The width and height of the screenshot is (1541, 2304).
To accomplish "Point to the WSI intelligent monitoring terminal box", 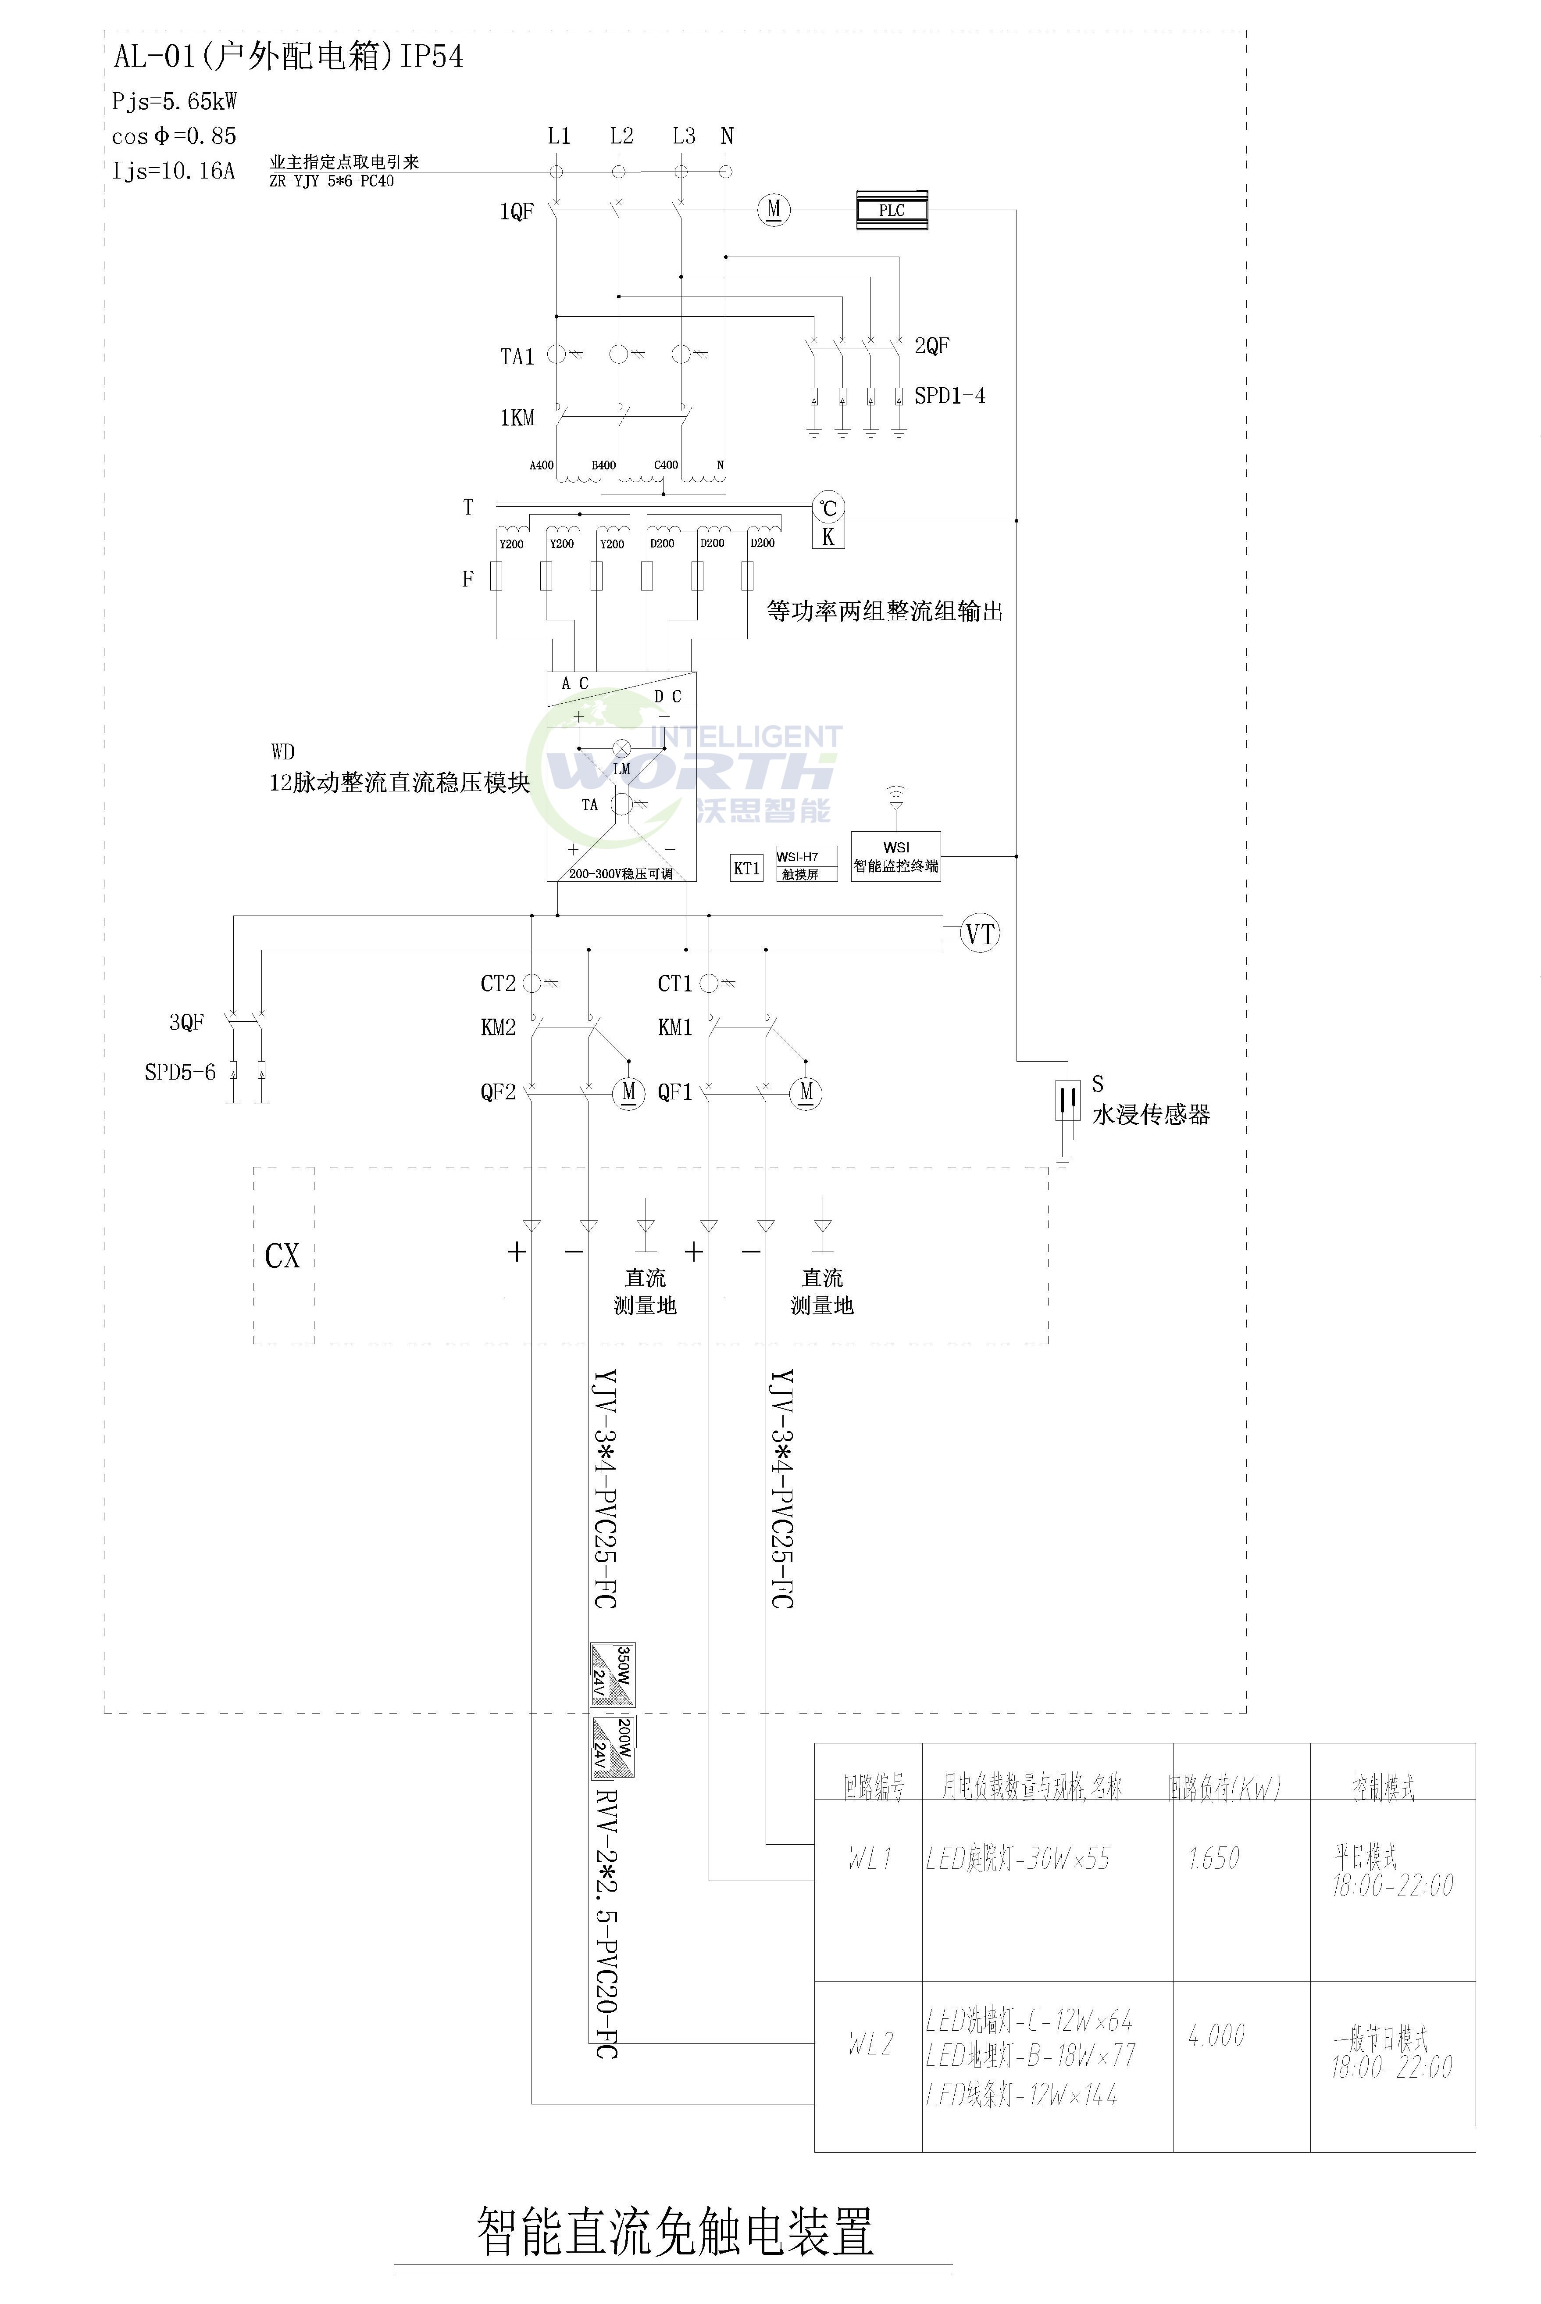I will pos(895,856).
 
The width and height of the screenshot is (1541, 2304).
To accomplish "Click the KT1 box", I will pos(747,868).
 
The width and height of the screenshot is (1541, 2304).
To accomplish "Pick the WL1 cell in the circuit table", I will pos(870,1858).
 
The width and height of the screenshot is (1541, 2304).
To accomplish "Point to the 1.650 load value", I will pos(1214,1858).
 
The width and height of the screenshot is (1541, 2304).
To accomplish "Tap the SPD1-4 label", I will pos(949,396).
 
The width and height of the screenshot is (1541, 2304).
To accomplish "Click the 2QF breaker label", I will pos(932,346).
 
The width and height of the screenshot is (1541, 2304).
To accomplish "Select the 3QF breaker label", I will pos(187,1022).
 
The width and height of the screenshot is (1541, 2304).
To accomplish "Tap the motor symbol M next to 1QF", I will pos(774,209).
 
